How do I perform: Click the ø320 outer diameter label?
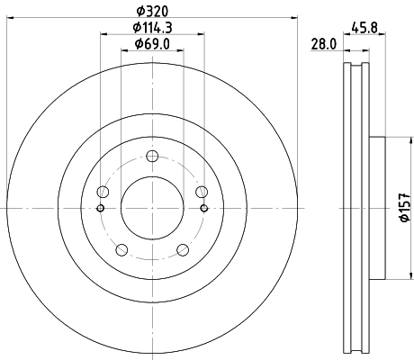pyautogui.click(x=151, y=12)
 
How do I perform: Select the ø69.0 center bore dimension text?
pyautogui.click(x=152, y=44)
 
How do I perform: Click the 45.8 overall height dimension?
pyautogui.click(x=364, y=27)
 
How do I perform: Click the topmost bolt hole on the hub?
pyautogui.click(x=152, y=156)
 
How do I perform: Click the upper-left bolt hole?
pyautogui.click(x=103, y=192)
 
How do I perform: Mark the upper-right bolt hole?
pyautogui.click(x=202, y=192)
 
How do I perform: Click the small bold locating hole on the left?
pyautogui.click(x=99, y=209)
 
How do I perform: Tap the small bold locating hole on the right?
pyautogui.click(x=205, y=209)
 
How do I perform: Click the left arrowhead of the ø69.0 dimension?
pyautogui.click(x=123, y=53)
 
